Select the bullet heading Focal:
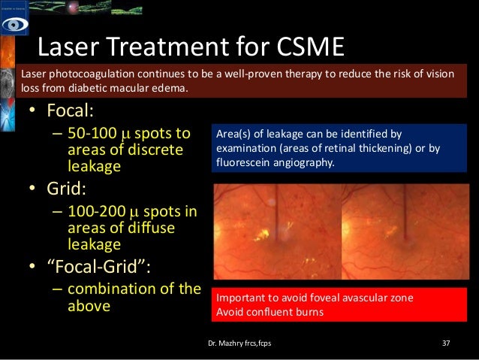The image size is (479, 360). [70, 111]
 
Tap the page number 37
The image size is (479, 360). [446, 344]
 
